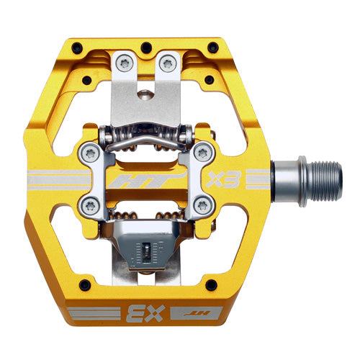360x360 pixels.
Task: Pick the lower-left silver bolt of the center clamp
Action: coord(91,205)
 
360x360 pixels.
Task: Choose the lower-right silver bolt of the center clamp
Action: coord(203,205)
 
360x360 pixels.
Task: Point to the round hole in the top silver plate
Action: coord(148,91)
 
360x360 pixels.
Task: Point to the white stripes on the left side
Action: coord(50,179)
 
